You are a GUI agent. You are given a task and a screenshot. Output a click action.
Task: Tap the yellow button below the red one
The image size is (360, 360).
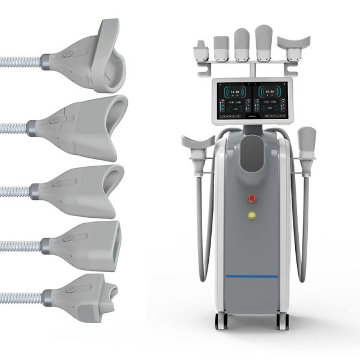251,214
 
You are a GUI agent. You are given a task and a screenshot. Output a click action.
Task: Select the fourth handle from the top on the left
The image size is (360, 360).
87,243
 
